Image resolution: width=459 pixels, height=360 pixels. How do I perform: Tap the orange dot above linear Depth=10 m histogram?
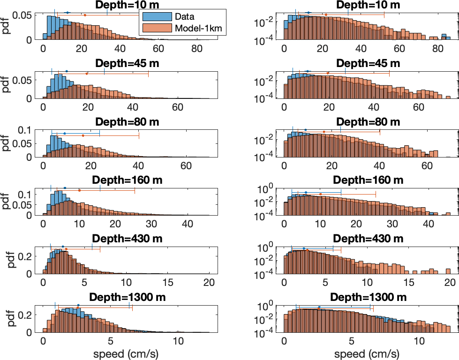pyautogui.click(x=85, y=15)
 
